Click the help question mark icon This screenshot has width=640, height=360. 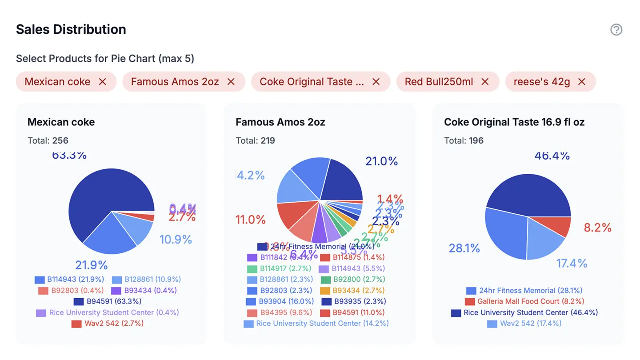(x=616, y=30)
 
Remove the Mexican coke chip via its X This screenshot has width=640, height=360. (x=103, y=82)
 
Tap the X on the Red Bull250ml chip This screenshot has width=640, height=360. (x=485, y=82)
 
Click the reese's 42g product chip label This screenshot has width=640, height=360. (x=541, y=82)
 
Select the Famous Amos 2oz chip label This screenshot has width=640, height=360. (x=175, y=82)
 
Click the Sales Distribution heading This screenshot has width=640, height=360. (x=71, y=29)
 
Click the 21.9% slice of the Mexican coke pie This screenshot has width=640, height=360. (x=111, y=236)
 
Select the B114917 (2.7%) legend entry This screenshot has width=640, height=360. (x=279, y=268)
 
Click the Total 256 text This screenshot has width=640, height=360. (x=48, y=141)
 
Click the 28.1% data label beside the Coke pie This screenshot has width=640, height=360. (x=464, y=248)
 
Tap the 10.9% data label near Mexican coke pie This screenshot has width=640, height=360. (x=176, y=240)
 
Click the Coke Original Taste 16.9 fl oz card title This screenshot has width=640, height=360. (x=514, y=122)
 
